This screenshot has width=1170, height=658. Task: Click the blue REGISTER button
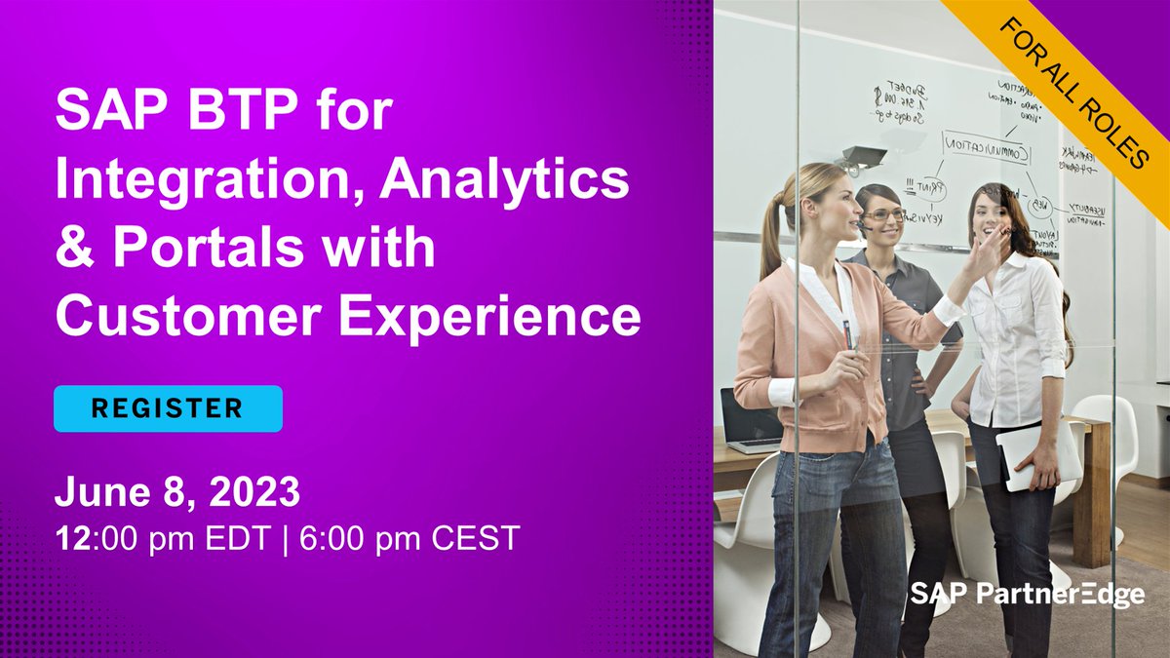[168, 408]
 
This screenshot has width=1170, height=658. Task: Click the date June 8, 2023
[177, 492]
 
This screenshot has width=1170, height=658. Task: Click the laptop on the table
[750, 420]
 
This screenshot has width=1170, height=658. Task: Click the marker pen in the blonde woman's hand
[848, 337]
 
